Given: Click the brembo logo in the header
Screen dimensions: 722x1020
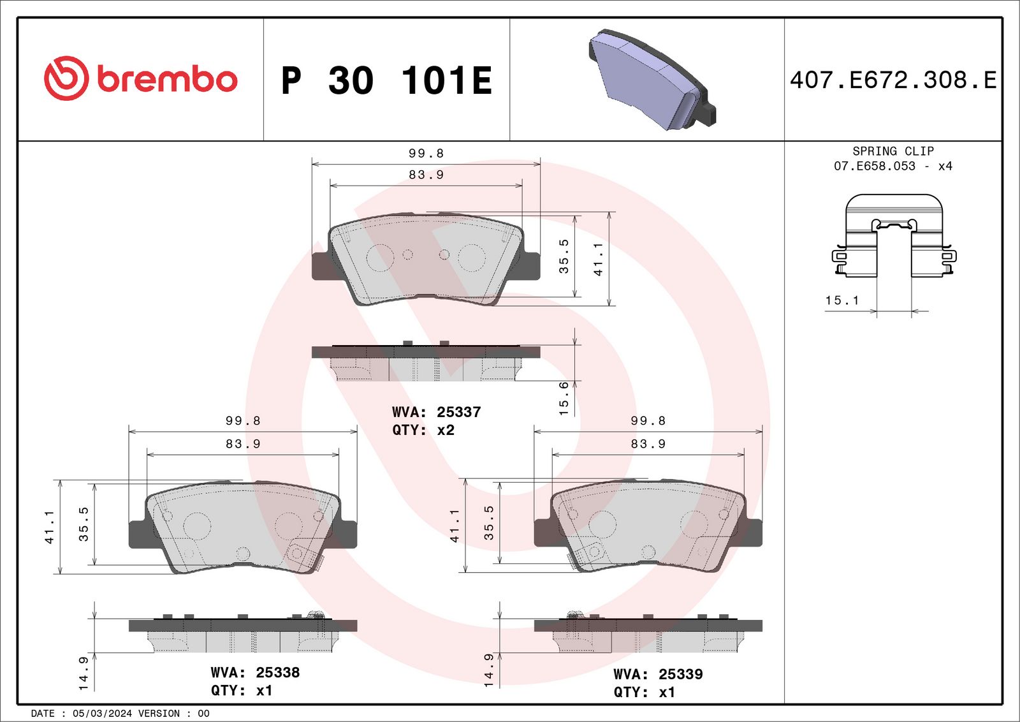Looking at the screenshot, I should click(140, 78).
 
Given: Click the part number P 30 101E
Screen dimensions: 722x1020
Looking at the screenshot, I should click(386, 81).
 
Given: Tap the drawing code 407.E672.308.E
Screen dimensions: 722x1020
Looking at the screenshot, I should click(892, 80).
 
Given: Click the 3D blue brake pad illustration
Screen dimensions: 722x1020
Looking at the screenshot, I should click(650, 80).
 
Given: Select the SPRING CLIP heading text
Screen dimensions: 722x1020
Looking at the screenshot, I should click(892, 151).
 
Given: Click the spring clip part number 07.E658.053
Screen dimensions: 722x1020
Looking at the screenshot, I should click(874, 166).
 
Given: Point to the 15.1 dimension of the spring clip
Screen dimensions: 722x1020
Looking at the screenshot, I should click(842, 300).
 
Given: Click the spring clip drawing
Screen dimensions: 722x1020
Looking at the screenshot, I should click(894, 236).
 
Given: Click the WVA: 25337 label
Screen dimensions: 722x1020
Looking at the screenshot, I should click(436, 412).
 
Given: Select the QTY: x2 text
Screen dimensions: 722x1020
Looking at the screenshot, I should click(423, 430).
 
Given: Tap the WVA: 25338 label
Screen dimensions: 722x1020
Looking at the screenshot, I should click(255, 672).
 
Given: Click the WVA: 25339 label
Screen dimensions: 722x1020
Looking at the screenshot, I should click(658, 674).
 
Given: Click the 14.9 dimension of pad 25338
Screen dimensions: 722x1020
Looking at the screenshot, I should click(84, 673).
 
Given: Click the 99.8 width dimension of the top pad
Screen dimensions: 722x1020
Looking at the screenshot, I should click(426, 154).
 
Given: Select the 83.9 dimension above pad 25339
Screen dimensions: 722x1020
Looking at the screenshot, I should click(648, 444).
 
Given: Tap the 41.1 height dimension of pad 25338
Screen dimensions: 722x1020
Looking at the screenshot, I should click(49, 527).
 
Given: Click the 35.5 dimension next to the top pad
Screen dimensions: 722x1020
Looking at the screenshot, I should click(564, 256).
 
